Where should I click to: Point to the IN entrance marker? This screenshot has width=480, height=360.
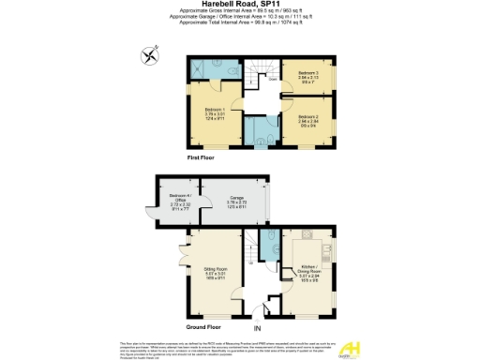[x=258, y=329]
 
